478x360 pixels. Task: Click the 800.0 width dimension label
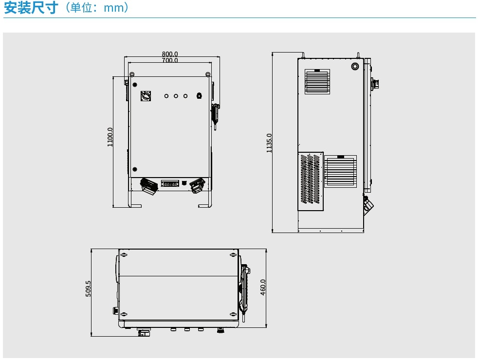(170, 54)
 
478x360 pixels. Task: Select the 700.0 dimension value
(170, 60)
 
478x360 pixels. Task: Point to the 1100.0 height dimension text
(110, 137)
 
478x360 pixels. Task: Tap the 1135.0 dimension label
(269, 143)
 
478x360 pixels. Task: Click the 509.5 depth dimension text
(88, 288)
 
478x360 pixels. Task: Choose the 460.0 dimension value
(263, 288)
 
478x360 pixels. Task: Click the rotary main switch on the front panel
(146, 96)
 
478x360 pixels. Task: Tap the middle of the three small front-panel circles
(176, 96)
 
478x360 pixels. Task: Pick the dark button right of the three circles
(199, 96)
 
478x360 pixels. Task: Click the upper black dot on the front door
(134, 85)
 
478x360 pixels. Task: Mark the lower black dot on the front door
(134, 169)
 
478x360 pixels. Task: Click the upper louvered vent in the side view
(317, 81)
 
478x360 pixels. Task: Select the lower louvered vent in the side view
(340, 171)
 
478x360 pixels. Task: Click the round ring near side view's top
(355, 65)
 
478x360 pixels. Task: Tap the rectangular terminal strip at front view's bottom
(170, 184)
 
